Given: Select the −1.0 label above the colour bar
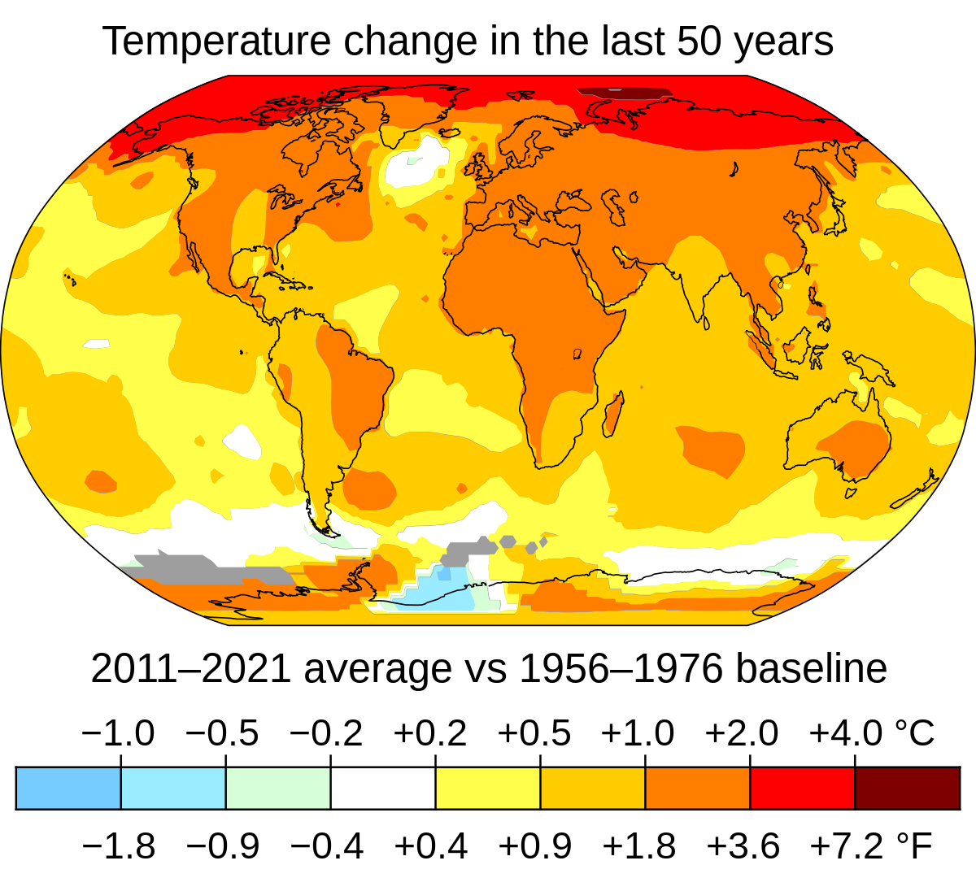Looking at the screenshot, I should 118,733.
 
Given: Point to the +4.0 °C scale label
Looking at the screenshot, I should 870,733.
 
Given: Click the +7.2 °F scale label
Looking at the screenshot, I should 870,846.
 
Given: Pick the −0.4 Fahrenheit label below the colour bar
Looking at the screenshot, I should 326,846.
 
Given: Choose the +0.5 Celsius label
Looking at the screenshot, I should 534,733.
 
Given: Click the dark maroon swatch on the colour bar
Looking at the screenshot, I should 907,788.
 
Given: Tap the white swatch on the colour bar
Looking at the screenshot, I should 383,788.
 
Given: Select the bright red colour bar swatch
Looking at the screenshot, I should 802,788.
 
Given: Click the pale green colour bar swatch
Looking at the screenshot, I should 278,788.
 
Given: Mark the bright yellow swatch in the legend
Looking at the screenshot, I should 488,788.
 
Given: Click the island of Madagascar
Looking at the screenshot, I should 613,412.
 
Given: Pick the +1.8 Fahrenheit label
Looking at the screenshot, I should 638,846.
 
